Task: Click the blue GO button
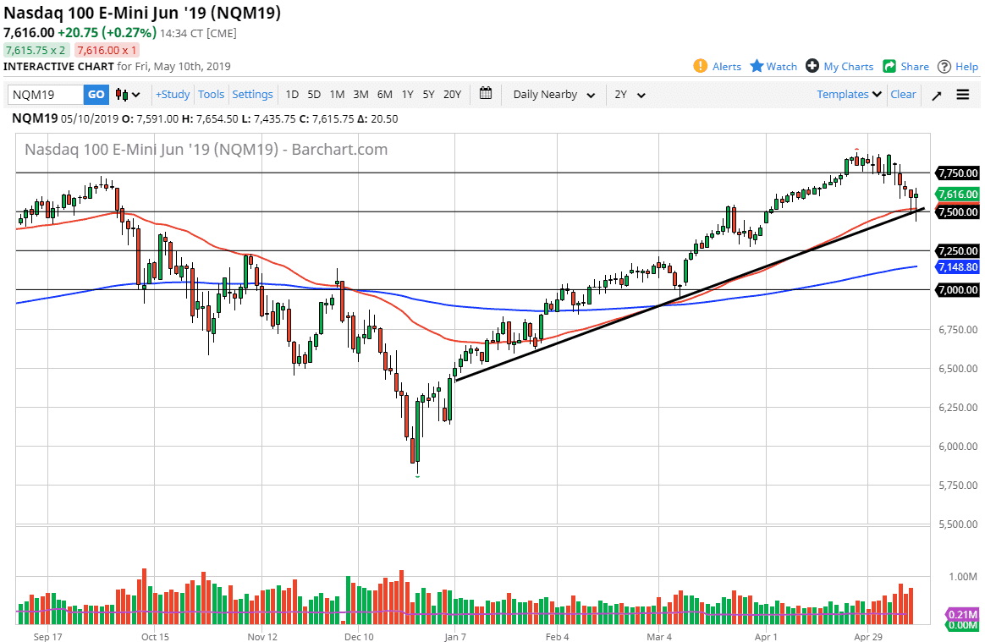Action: pos(96,95)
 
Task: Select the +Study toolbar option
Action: pos(173,95)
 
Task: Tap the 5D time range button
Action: pos(314,95)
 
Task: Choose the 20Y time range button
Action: pos(452,95)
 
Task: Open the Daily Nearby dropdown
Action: pos(553,95)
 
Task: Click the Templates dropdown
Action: pos(849,95)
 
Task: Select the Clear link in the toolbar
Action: pos(903,95)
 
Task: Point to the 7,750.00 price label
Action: pos(957,173)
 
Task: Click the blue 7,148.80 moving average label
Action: pos(957,266)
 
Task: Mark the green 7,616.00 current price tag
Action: pos(957,194)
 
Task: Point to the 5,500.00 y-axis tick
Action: pos(957,524)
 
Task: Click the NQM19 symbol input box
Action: pos(46,95)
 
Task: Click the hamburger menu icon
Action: pos(963,95)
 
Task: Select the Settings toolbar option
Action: pos(252,95)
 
